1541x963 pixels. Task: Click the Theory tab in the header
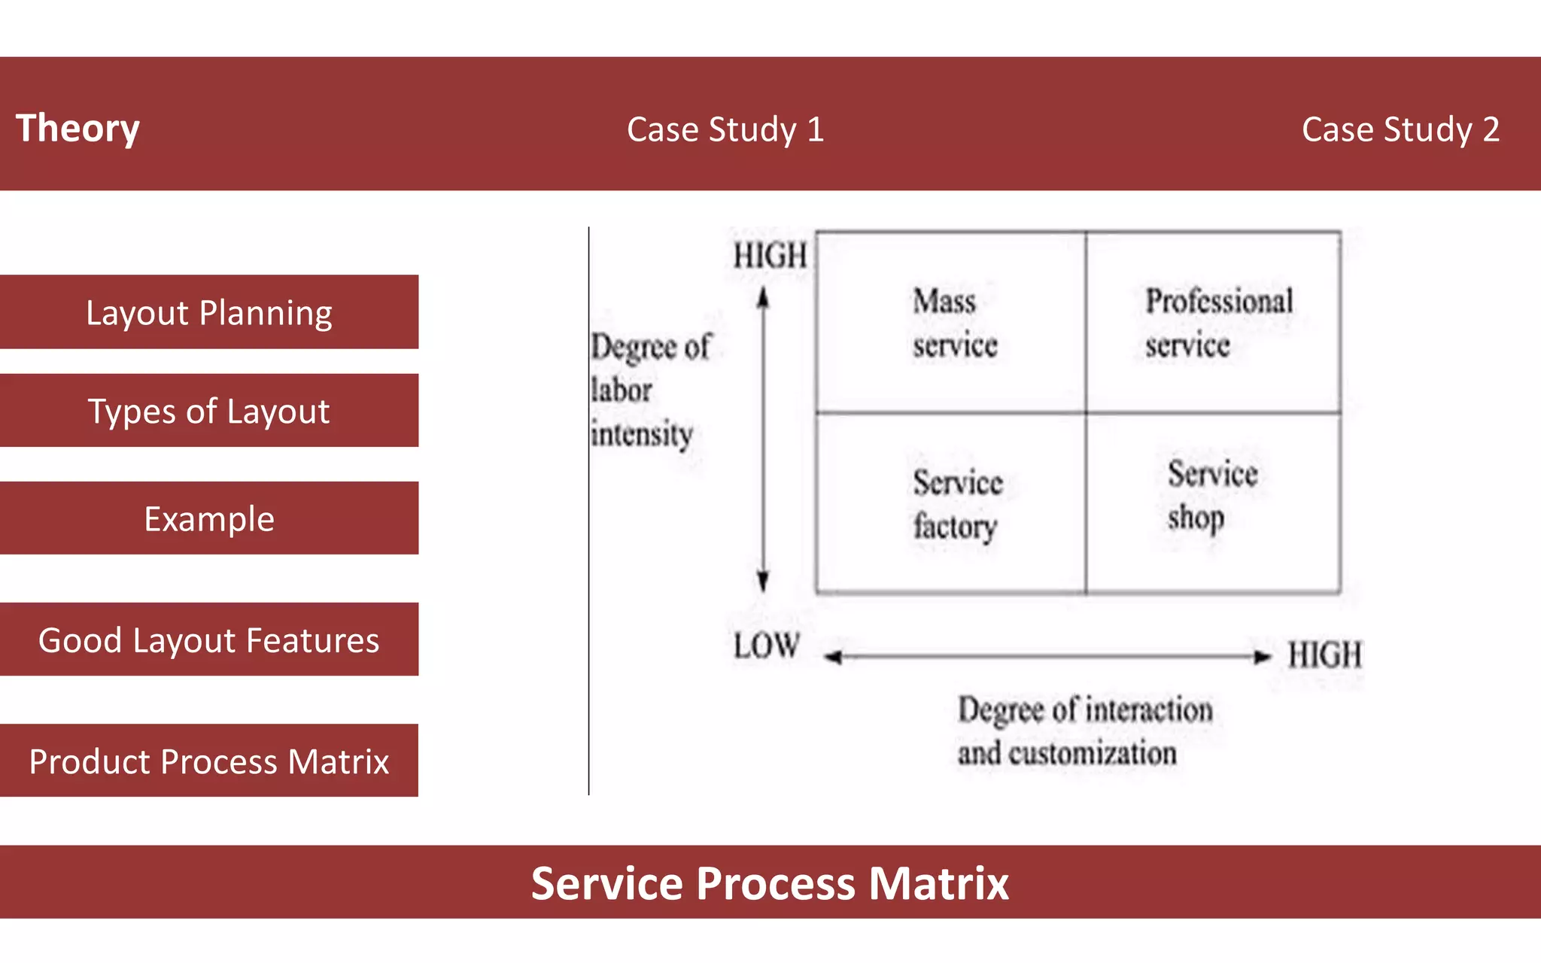78,128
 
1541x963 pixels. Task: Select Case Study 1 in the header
725,129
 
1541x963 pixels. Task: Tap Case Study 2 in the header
1400,129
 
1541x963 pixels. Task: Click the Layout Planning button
208,312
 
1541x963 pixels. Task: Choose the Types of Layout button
208,411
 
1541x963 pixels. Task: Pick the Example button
208,518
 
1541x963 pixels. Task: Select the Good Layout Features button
208,639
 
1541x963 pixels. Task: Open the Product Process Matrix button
208,761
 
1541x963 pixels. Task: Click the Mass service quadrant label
953,324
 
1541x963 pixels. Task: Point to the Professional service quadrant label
1217,324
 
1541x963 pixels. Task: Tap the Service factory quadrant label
956,504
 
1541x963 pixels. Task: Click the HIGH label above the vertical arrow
770,256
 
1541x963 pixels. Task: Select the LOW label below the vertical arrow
766,646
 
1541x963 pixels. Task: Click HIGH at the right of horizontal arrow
1324,655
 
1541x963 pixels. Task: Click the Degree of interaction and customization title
1084,731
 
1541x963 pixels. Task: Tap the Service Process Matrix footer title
770,882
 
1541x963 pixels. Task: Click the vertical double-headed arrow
763,440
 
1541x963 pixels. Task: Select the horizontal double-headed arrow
1047,657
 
